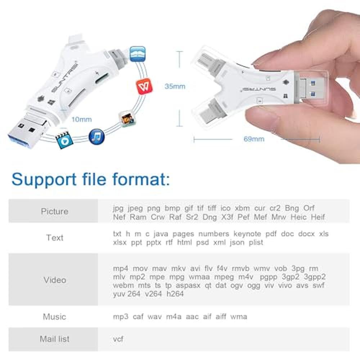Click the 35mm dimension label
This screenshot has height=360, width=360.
tap(175, 86)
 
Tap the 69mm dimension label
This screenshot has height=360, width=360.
tap(254, 139)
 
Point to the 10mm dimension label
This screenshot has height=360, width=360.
tap(81, 120)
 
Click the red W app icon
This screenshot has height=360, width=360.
tap(144, 86)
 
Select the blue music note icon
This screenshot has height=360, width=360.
tap(96, 136)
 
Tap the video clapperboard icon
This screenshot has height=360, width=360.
tap(64, 140)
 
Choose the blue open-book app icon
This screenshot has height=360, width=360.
tap(138, 54)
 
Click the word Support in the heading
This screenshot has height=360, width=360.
tap(44, 180)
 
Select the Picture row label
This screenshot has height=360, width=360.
tap(55, 211)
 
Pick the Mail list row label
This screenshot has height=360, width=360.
tap(54, 339)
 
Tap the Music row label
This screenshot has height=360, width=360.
tap(54, 317)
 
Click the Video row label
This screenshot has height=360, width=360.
tap(55, 280)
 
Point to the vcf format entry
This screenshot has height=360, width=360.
tap(118, 339)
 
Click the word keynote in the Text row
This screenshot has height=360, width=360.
tap(247, 234)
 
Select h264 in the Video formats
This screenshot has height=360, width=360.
tap(175, 294)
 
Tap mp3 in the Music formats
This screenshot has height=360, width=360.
tap(121, 317)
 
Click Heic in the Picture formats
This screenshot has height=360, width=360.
tap(298, 217)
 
